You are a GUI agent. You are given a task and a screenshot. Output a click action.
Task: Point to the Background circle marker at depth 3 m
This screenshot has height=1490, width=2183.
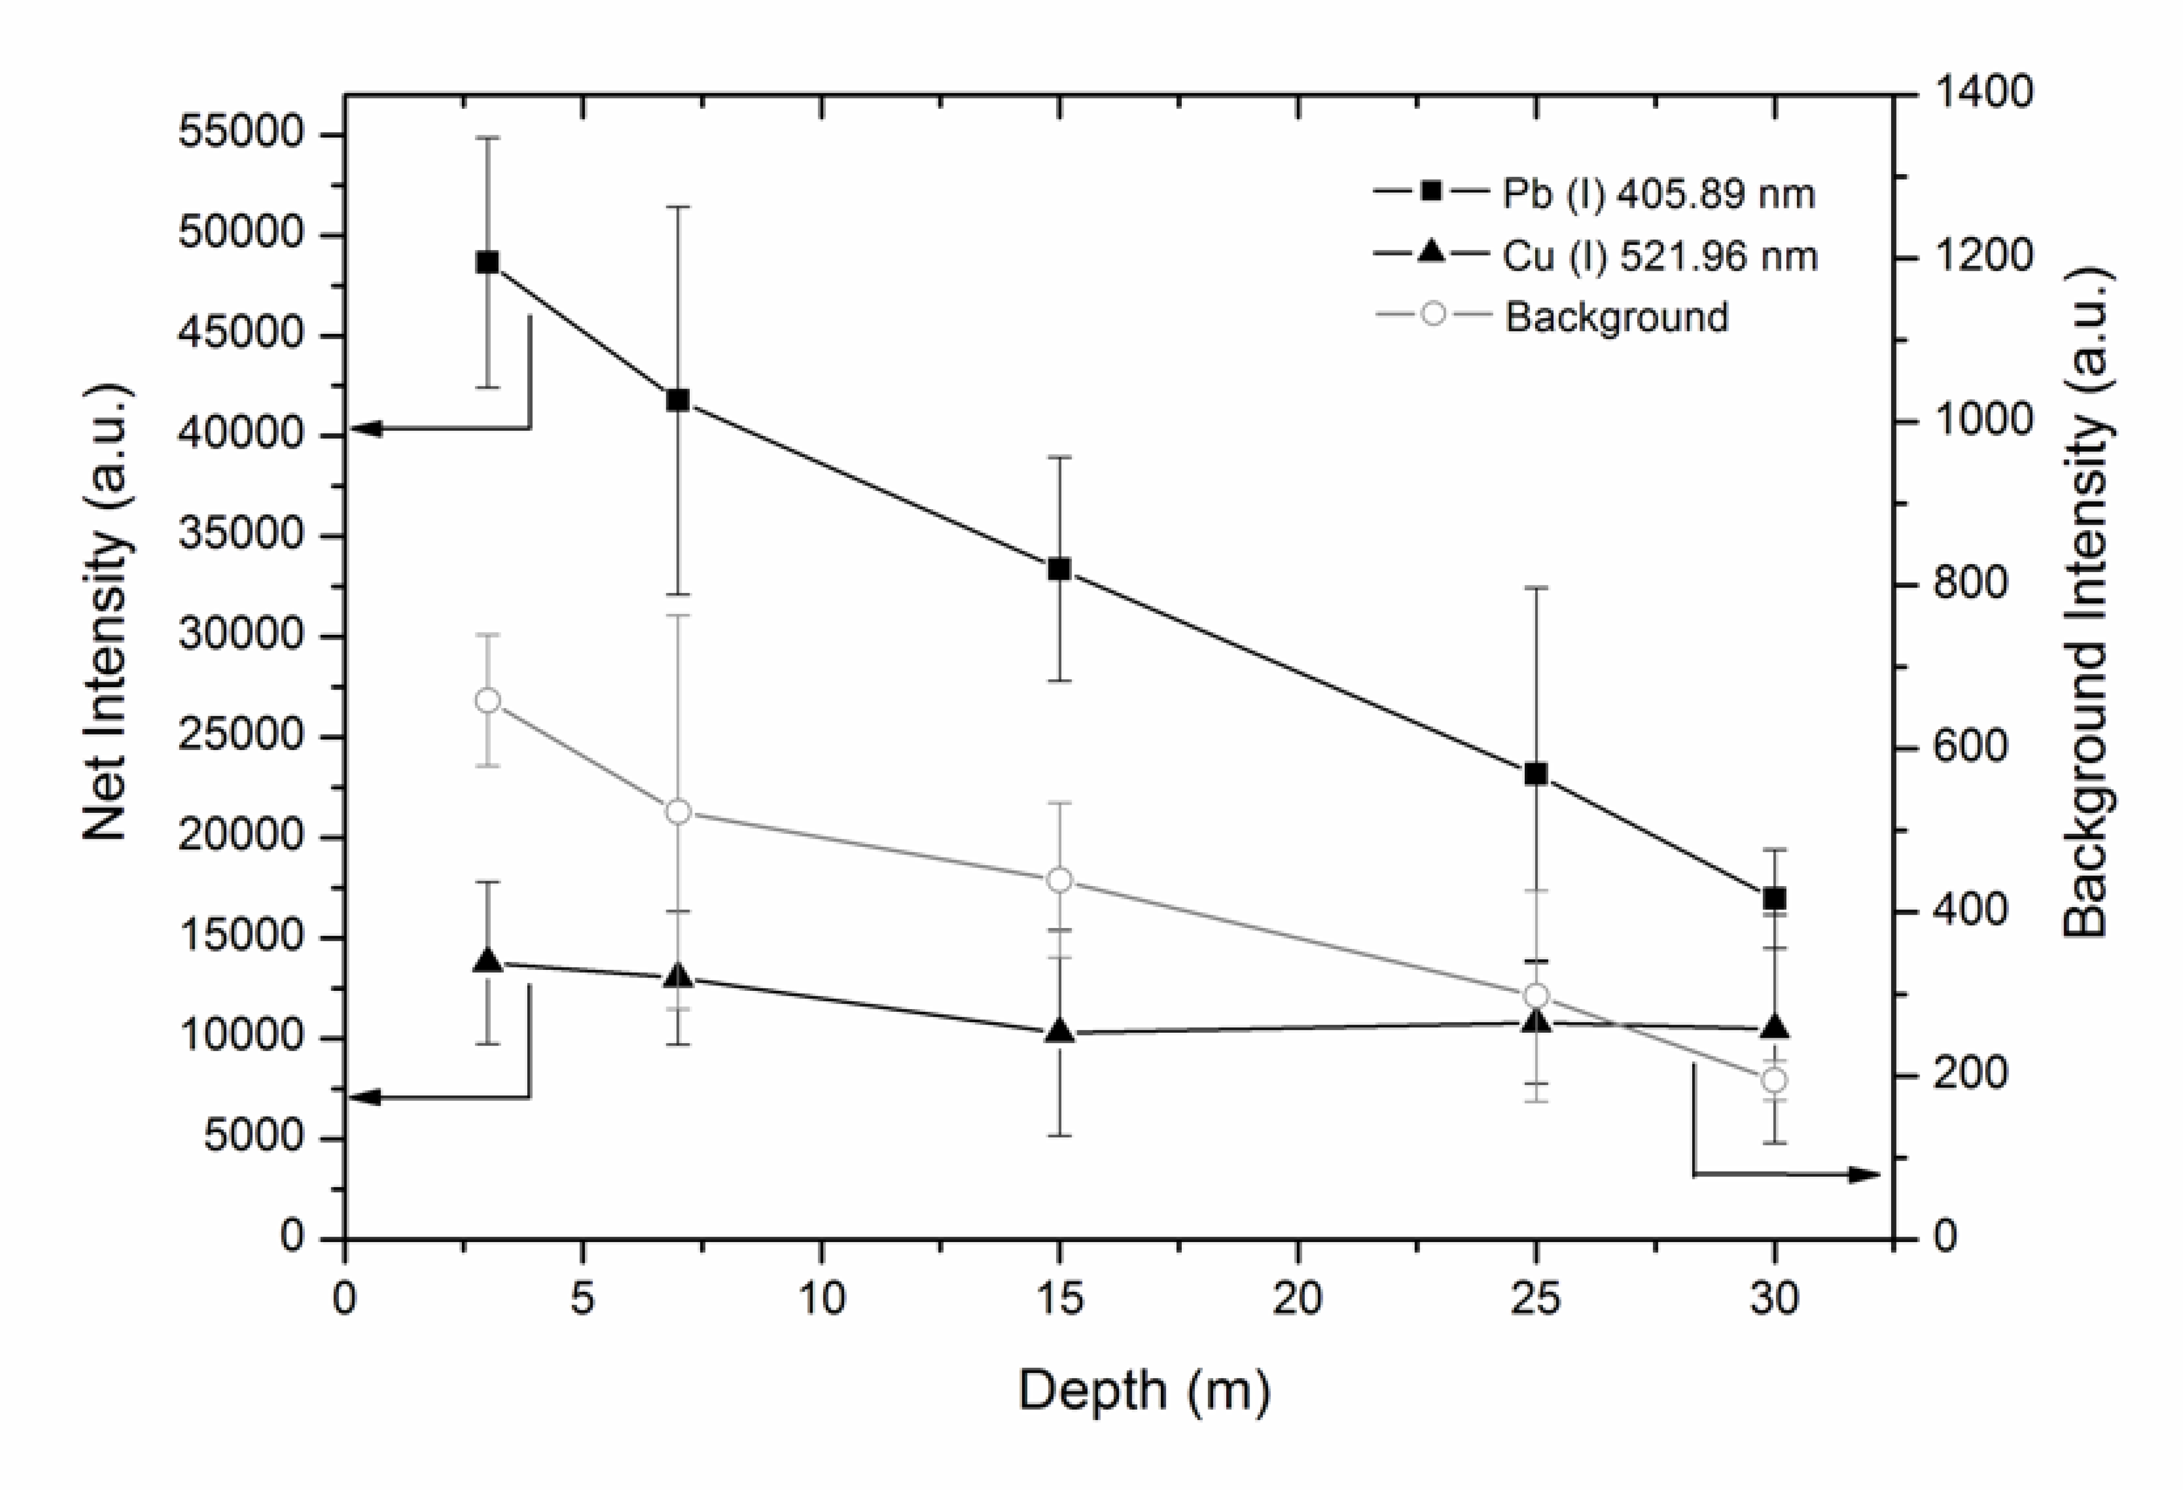[487, 701]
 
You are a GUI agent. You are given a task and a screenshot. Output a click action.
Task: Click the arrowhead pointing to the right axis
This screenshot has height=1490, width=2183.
[1865, 1174]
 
